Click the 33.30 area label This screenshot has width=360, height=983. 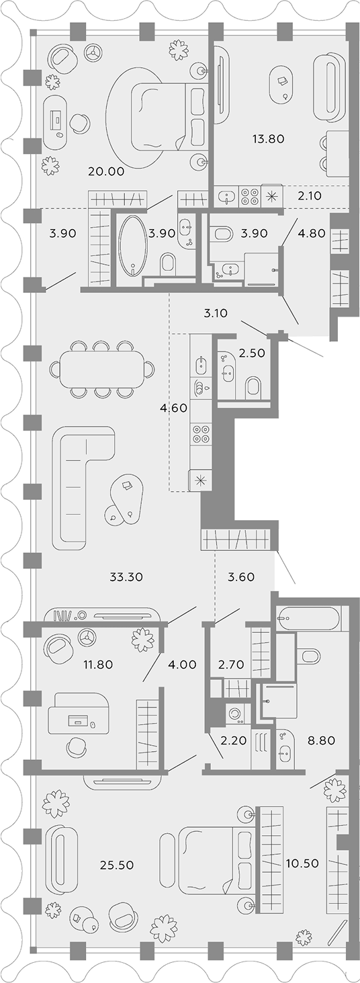(126, 576)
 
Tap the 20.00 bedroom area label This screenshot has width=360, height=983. (106, 171)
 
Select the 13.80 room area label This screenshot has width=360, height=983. (269, 139)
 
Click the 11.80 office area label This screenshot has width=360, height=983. (98, 665)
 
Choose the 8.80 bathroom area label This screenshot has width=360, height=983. (321, 740)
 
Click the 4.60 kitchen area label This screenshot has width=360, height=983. (174, 408)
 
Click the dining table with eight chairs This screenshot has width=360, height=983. (103, 370)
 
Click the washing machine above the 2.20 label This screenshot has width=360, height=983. (237, 714)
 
